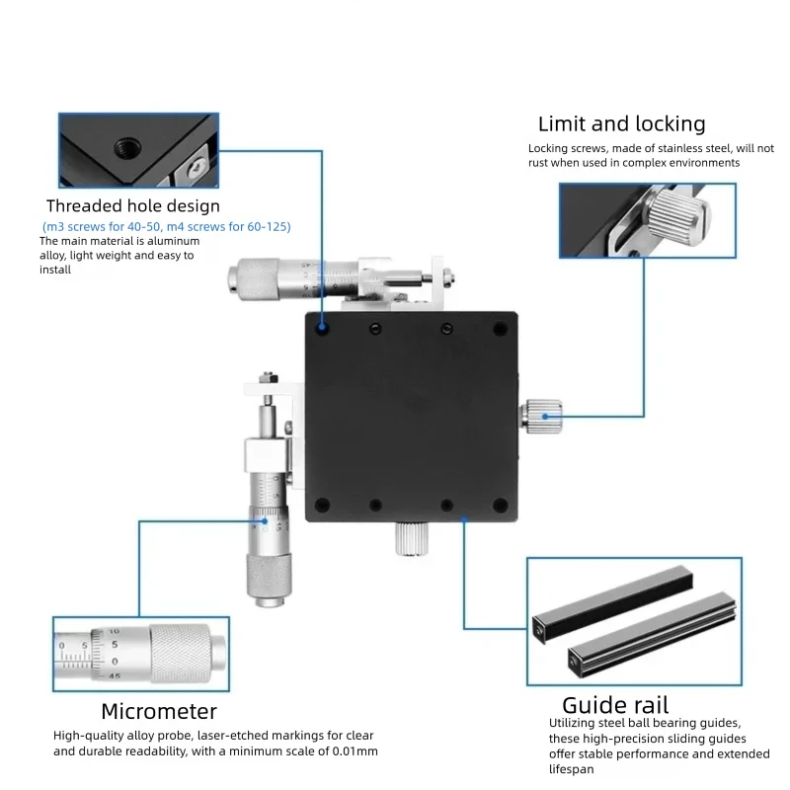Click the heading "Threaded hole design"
[133, 206]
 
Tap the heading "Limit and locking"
[622, 124]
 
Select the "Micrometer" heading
[159, 711]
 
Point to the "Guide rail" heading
[615, 705]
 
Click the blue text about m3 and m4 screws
[167, 227]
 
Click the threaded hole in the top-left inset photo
[127, 147]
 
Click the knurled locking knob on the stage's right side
[542, 416]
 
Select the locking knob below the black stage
[412, 538]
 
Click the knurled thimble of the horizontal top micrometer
[255, 278]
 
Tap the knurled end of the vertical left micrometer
[269, 578]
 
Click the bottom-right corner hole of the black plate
[500, 505]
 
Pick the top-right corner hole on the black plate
[500, 329]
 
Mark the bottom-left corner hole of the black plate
[323, 505]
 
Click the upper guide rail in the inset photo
[612, 603]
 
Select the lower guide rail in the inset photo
[653, 634]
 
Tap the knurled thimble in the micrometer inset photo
[180, 654]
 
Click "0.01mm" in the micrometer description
[355, 751]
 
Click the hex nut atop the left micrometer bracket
[269, 377]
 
